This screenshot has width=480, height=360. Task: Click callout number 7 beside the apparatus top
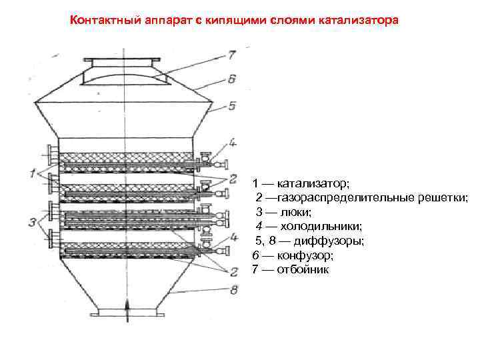pyautogui.click(x=231, y=53)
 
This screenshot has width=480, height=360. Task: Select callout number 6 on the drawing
pyautogui.click(x=231, y=79)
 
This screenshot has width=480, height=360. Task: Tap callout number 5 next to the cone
pyautogui.click(x=231, y=105)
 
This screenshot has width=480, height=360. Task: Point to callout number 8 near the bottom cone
pyautogui.click(x=233, y=289)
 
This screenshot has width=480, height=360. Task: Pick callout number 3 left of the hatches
pyautogui.click(x=32, y=222)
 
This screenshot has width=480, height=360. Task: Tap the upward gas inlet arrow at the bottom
pyautogui.click(x=127, y=307)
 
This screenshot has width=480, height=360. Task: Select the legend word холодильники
pyautogui.click(x=323, y=227)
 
